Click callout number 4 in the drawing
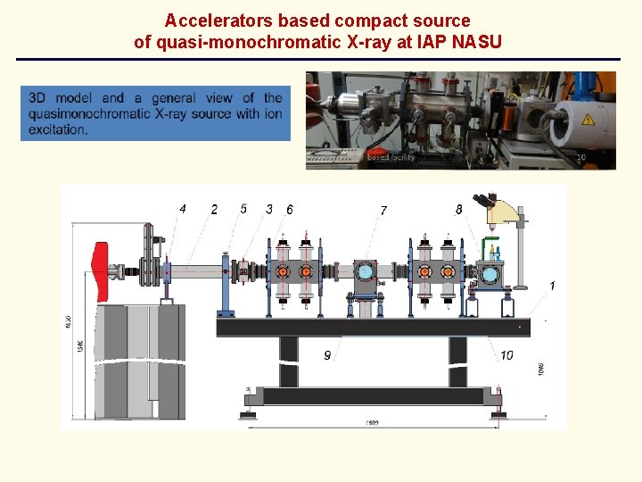pos(182,209)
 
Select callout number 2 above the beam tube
pos(214,210)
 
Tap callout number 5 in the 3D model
pos(243,209)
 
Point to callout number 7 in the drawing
pos(383,211)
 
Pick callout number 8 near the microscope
pos(458,210)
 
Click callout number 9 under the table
pos(327,355)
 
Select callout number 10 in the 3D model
pos(506,355)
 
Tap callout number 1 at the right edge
pos(552,286)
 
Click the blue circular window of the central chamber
pos(365,270)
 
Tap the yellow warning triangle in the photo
pos(588,120)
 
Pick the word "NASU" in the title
pos(479,41)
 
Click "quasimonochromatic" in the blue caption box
pos(89,113)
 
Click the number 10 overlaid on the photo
pos(581,157)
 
